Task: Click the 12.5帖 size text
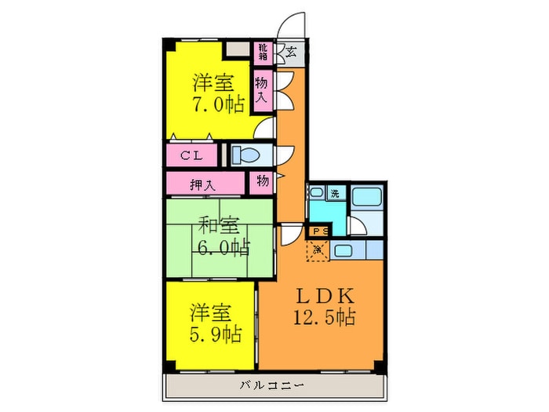point(326,318)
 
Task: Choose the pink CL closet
point(193,155)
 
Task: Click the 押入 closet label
point(205,184)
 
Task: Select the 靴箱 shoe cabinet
point(262,53)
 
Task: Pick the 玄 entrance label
point(291,53)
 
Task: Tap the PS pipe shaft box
point(318,231)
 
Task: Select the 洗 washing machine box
point(335,193)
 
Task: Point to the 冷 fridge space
point(318,251)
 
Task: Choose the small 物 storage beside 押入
point(262,181)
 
